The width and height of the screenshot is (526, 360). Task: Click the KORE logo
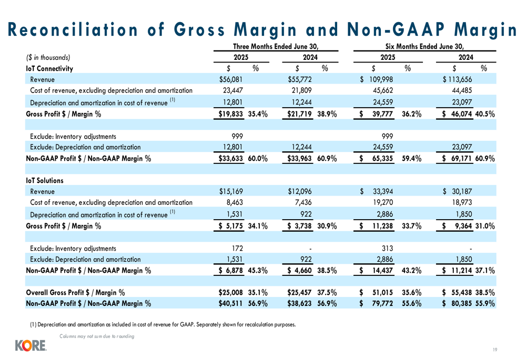pyautogui.click(x=31, y=346)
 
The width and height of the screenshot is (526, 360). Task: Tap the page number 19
pyautogui.click(x=495, y=349)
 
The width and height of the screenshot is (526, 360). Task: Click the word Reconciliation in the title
pyautogui.click(x=73, y=29)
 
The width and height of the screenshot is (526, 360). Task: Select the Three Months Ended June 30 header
pyautogui.click(x=276, y=46)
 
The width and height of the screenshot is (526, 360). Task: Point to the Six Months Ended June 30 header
pyautogui.click(x=424, y=46)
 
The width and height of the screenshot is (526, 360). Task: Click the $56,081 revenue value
pyautogui.click(x=230, y=79)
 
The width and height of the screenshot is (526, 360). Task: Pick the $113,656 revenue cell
pyautogui.click(x=457, y=79)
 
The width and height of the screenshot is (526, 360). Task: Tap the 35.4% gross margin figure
pyautogui.click(x=258, y=114)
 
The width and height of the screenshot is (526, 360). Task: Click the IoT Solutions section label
pyautogui.click(x=45, y=180)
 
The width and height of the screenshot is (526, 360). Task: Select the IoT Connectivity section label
pyautogui.click(x=49, y=68)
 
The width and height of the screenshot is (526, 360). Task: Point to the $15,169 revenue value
pyautogui.click(x=231, y=191)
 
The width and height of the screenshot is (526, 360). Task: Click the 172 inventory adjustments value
pyautogui.click(x=237, y=249)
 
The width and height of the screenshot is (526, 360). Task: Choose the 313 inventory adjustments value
pyautogui.click(x=387, y=249)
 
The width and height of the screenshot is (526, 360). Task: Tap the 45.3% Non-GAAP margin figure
pyautogui.click(x=258, y=270)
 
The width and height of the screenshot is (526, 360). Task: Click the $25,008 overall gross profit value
pyautogui.click(x=230, y=292)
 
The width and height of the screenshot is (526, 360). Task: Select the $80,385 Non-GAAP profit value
pyautogui.click(x=457, y=303)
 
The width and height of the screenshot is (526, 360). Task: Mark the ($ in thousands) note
pyautogui.click(x=48, y=57)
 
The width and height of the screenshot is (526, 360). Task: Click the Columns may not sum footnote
pyautogui.click(x=97, y=336)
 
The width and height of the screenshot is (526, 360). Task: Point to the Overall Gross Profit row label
pyautogui.click(x=75, y=292)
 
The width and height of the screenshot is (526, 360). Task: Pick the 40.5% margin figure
pyautogui.click(x=485, y=114)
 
